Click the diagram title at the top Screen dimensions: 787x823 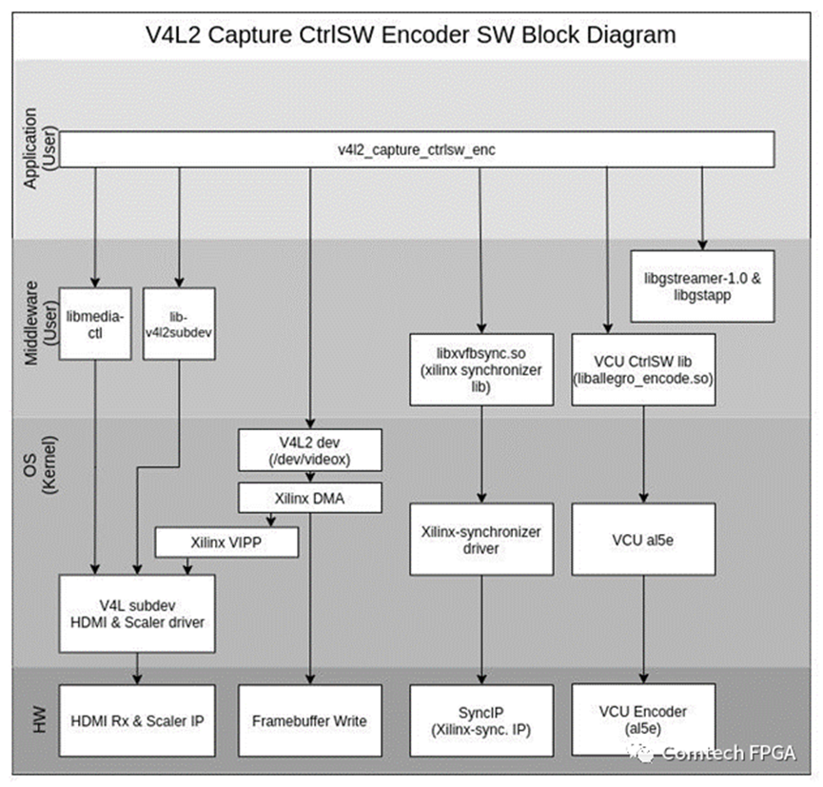pos(411,35)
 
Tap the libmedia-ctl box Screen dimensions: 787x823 pos(94,323)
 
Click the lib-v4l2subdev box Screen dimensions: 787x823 pos(179,323)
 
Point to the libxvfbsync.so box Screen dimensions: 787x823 pos(481,369)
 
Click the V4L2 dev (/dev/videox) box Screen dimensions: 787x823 pos(309,451)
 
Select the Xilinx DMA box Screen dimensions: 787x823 pos(309,497)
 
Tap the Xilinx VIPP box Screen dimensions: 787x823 pos(226,542)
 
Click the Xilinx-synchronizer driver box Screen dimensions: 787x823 pos(481,538)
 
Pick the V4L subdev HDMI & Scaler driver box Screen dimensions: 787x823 pos(137,613)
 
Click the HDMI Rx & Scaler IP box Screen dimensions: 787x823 pos(137,720)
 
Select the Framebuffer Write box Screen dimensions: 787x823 pos(309,720)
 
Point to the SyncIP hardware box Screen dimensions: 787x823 pos(481,720)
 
